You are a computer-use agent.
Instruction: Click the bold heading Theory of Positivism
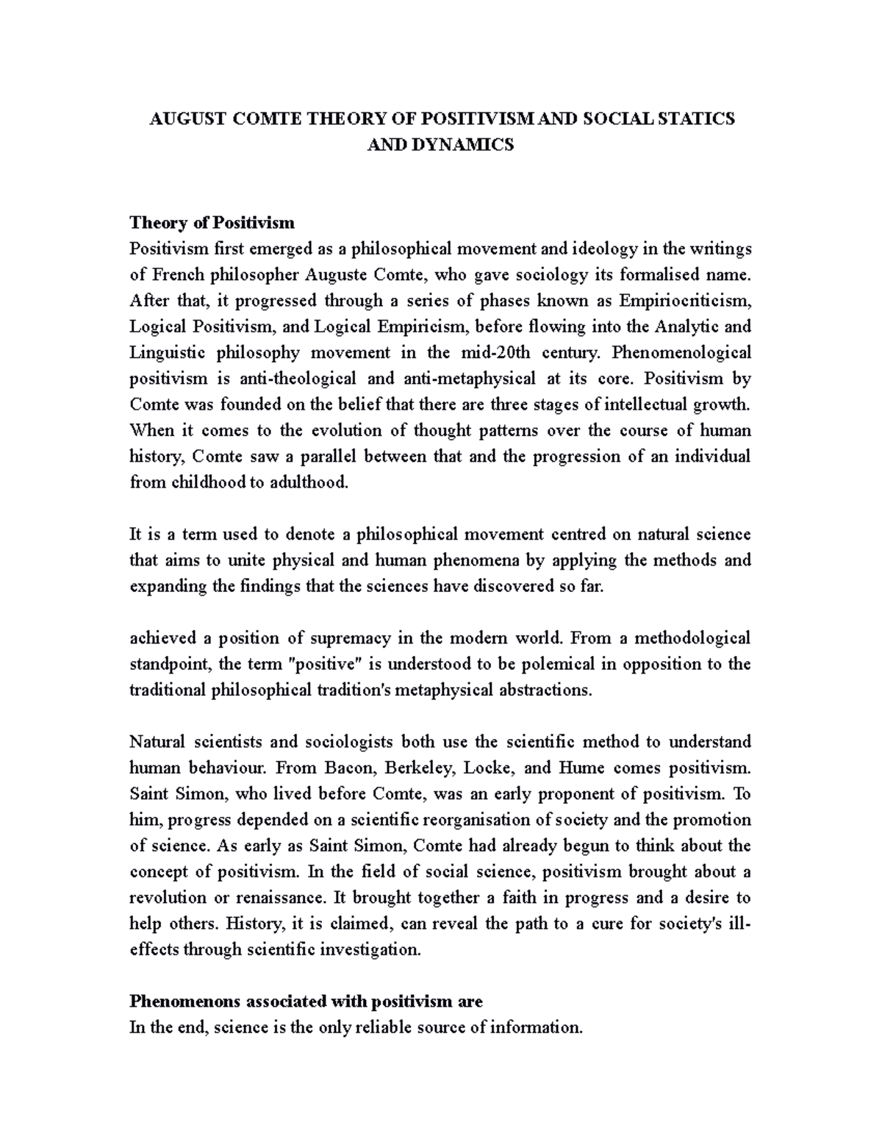tap(212, 222)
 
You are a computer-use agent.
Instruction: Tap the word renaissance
tap(279, 898)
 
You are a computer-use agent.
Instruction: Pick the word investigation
tap(371, 949)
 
